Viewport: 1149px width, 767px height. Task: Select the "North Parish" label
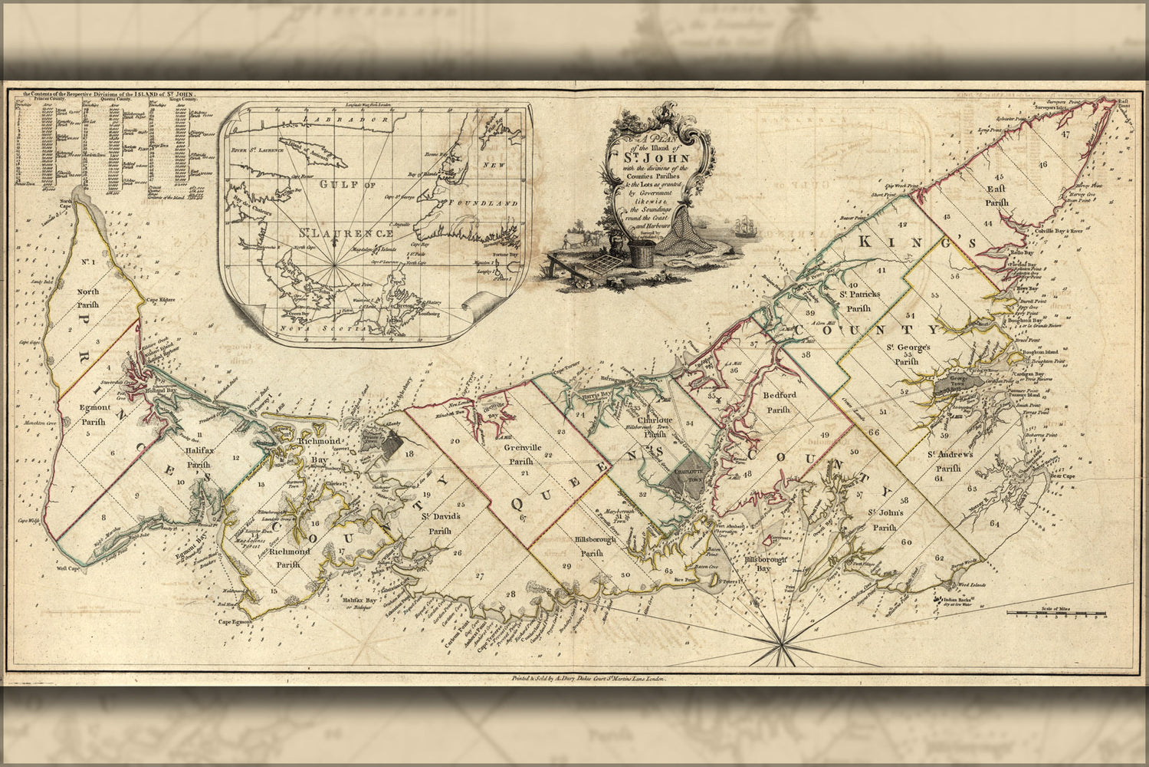[88, 298]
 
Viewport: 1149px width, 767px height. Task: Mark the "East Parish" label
[996, 196]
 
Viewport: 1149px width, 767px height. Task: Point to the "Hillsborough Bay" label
[767, 565]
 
